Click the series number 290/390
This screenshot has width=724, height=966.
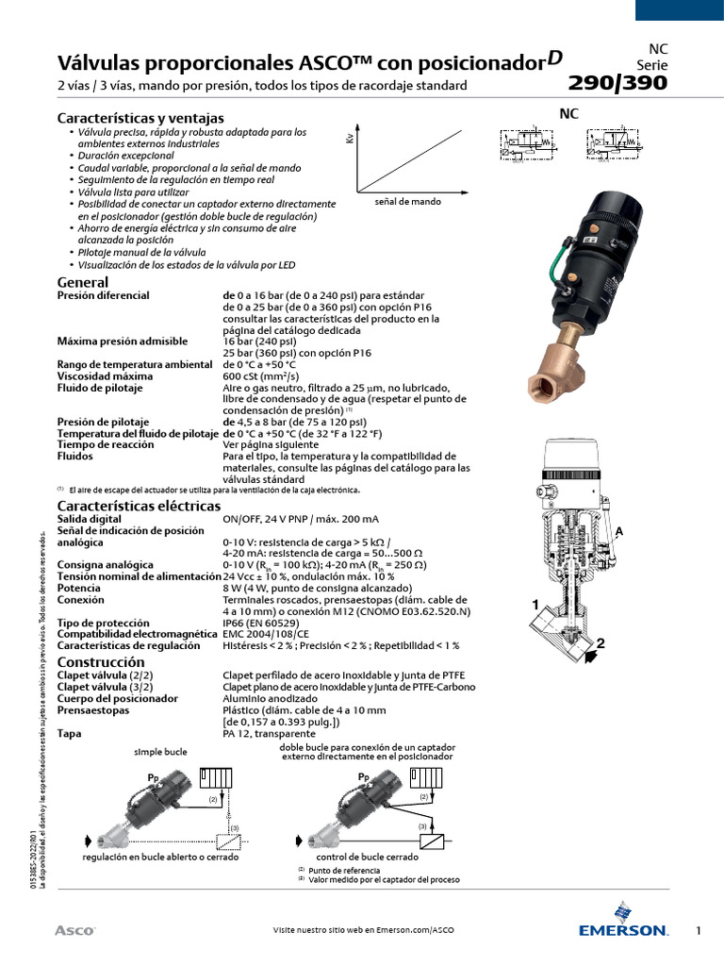pyautogui.click(x=617, y=83)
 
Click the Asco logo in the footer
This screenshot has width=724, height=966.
pyautogui.click(x=74, y=930)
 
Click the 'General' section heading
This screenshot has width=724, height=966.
pyautogui.click(x=83, y=282)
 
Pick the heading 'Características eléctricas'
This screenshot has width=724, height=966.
pyautogui.click(x=139, y=506)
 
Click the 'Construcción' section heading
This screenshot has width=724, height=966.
pyautogui.click(x=102, y=662)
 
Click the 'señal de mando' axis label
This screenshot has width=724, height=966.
pyautogui.click(x=407, y=202)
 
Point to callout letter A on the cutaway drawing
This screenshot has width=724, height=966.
pyautogui.click(x=619, y=532)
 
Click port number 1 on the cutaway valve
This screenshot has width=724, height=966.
pyautogui.click(x=535, y=604)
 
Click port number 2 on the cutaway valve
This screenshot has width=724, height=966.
pyautogui.click(x=598, y=643)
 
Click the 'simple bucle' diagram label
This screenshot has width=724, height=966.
pyautogui.click(x=160, y=751)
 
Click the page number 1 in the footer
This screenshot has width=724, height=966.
pyautogui.click(x=699, y=931)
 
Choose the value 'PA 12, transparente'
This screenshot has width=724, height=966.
pyautogui.click(x=269, y=733)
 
